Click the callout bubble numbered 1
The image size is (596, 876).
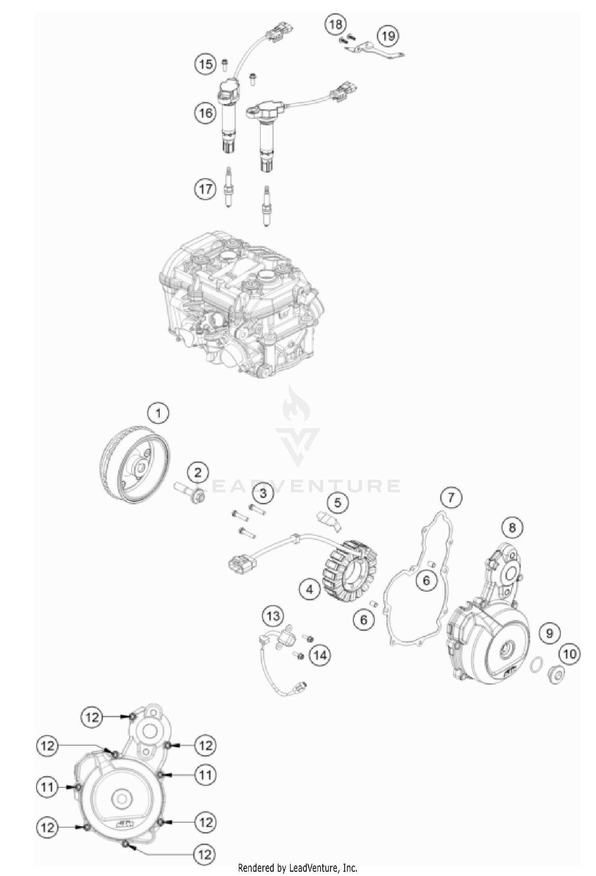pyautogui.click(x=158, y=414)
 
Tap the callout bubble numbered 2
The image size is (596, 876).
pyautogui.click(x=197, y=473)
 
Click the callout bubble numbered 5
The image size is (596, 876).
pyautogui.click(x=337, y=503)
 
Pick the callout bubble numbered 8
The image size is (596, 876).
pyautogui.click(x=512, y=527)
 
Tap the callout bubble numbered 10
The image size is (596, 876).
pyautogui.click(x=570, y=654)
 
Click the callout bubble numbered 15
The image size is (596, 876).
pyautogui.click(x=206, y=64)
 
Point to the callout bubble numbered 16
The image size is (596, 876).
pyautogui.click(x=205, y=113)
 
